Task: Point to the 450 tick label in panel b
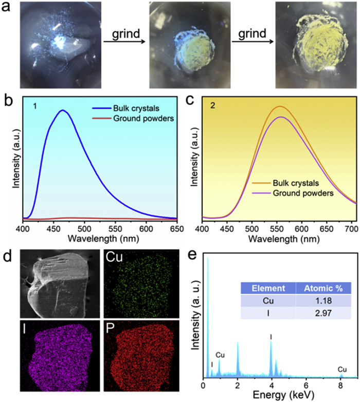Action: click(53, 228)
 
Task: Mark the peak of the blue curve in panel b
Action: click(63, 110)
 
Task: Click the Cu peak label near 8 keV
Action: click(341, 370)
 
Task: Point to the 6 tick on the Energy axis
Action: click(306, 383)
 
